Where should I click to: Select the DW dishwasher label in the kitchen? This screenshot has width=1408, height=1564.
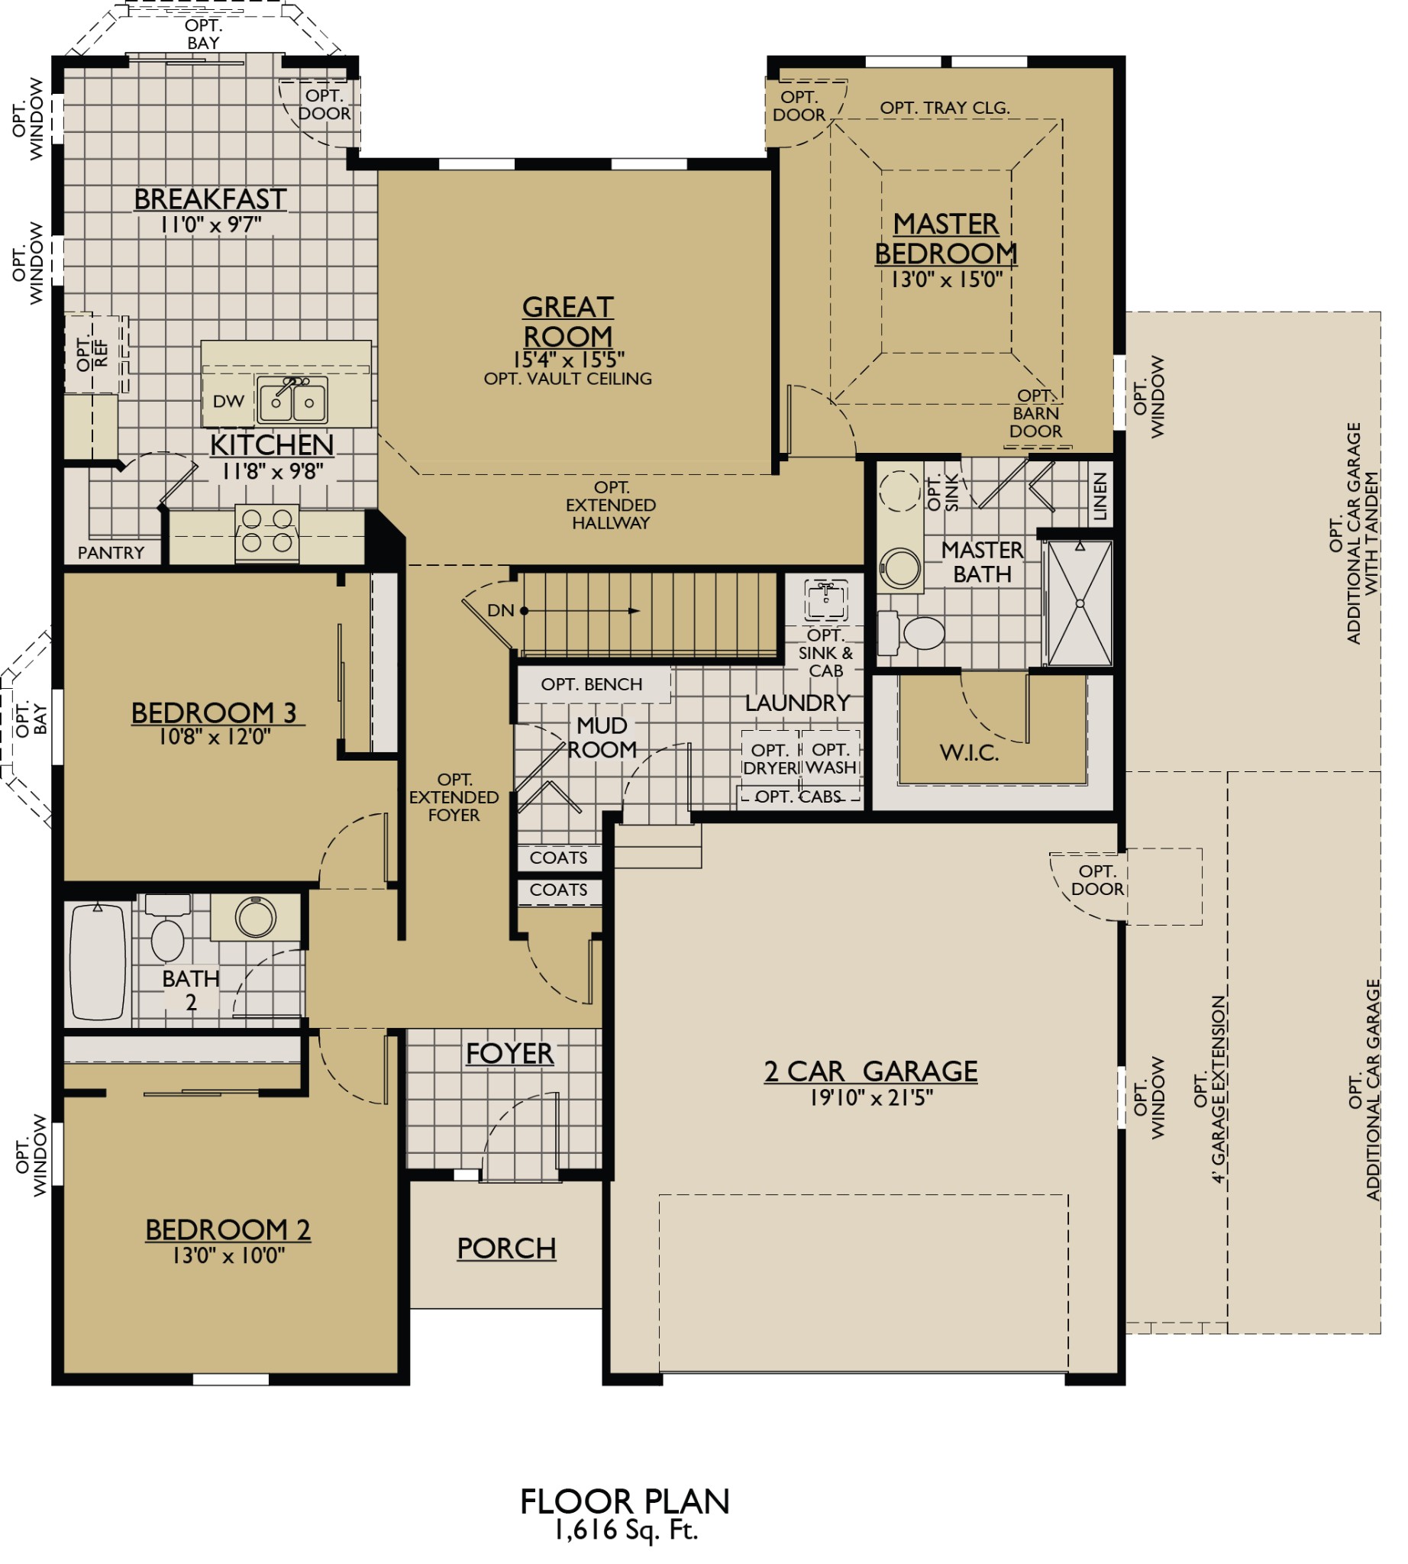coord(228,401)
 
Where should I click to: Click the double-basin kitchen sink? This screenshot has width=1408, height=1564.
coord(292,399)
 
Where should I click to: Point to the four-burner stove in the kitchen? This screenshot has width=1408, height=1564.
coord(266,530)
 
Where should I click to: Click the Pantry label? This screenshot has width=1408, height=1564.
coord(111,553)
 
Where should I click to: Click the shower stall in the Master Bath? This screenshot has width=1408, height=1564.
coord(1079,603)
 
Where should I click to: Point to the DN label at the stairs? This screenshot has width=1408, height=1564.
coord(500,610)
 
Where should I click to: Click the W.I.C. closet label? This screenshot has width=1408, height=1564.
coord(969,752)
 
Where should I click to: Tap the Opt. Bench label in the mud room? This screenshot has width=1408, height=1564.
coord(591,684)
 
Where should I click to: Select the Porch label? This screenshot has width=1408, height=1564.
coord(506,1248)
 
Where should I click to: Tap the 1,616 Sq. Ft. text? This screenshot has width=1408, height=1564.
coord(626,1530)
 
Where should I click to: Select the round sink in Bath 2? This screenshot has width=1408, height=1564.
coord(255,917)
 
